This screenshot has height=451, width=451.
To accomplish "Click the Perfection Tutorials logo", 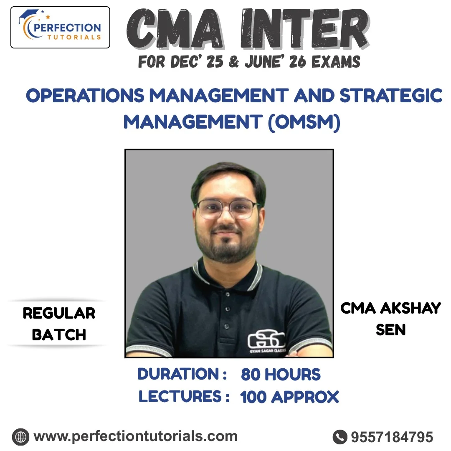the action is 60,27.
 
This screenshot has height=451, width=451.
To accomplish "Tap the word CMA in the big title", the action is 175,29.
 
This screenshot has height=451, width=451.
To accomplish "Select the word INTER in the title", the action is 305,29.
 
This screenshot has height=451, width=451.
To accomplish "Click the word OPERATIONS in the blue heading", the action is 85,96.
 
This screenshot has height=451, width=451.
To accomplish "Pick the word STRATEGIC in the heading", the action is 391,96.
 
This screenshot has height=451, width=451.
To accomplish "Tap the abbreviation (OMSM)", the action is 304,122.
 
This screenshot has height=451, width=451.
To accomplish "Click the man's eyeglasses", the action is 227,208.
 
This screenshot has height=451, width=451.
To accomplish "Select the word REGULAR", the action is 59,313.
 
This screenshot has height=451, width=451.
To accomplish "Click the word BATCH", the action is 59,335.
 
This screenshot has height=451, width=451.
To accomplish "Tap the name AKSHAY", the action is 410,308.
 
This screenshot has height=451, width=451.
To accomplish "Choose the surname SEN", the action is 390,329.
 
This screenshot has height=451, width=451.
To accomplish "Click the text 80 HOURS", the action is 281,375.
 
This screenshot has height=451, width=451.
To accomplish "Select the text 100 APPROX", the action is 289,397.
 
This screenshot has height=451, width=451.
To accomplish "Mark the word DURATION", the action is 178,374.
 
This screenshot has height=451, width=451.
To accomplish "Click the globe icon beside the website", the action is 20,437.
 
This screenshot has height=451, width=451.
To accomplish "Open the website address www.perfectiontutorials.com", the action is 135,436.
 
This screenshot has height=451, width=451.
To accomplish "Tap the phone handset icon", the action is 340,437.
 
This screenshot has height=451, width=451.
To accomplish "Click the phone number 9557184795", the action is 392,437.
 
